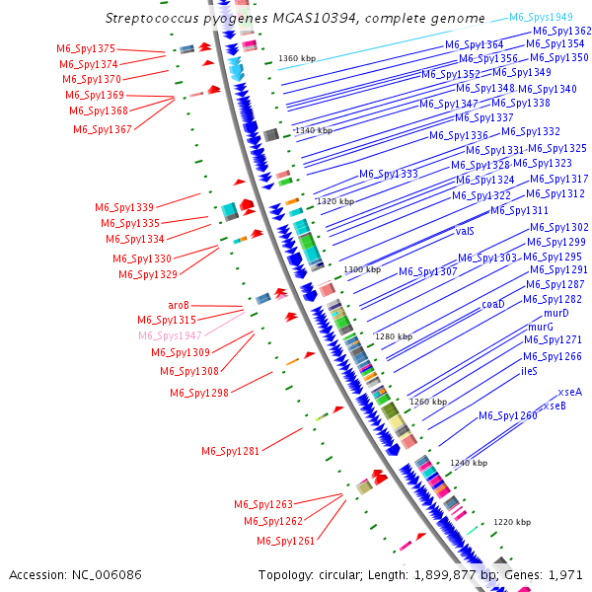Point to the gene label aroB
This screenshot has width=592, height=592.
point(179,305)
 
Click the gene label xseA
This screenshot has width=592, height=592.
point(569,392)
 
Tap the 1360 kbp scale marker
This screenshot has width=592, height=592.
point(295,59)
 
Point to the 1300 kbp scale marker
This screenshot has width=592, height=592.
point(362,269)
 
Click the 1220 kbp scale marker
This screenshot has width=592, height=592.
point(512,522)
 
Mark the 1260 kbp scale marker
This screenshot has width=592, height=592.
point(428,402)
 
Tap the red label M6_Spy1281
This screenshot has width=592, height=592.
point(230,451)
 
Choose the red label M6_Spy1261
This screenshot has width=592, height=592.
point(286,541)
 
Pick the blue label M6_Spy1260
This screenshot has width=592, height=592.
point(508,415)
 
